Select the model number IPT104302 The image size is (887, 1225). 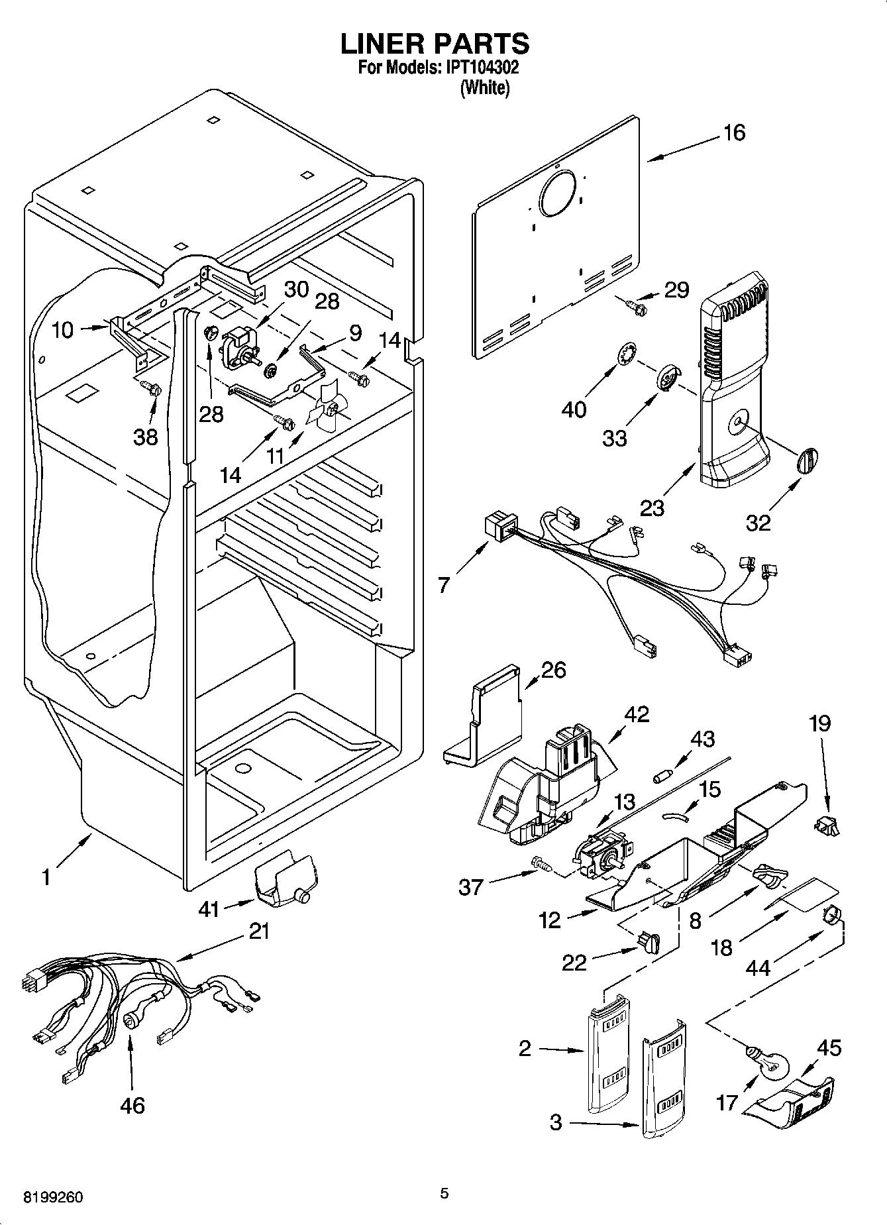click(482, 68)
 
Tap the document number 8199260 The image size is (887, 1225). click(54, 1198)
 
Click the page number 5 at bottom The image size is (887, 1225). click(444, 1193)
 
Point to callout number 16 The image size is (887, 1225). click(734, 133)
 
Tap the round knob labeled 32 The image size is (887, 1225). click(806, 460)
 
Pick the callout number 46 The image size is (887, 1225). click(133, 1105)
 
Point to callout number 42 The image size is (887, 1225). click(637, 714)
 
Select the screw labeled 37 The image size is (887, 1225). click(540, 863)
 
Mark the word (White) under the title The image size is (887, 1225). click(485, 87)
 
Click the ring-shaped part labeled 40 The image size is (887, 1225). click(626, 354)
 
